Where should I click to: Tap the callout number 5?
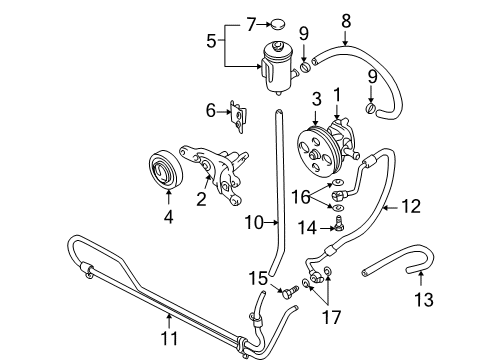(210, 42)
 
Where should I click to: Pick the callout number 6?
(210, 110)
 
